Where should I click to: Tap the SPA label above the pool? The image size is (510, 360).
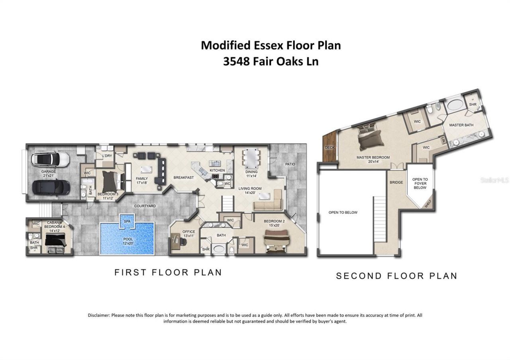click(127, 221)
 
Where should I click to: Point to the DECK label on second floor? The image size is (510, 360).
click(330, 147)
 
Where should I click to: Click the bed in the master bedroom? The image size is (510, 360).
click(371, 137)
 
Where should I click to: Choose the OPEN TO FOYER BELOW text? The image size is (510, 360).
click(420, 183)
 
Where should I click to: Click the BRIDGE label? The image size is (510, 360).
click(396, 182)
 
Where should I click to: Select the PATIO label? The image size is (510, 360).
click(290, 164)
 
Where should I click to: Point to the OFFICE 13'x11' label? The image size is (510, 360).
click(188, 234)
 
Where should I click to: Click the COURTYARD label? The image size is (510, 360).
click(145, 206)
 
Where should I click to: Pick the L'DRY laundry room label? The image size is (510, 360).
click(107, 156)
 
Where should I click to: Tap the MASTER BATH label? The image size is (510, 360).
click(461, 125)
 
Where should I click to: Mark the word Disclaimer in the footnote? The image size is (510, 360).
click(98, 315)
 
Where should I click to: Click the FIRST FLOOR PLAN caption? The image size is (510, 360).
click(168, 272)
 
